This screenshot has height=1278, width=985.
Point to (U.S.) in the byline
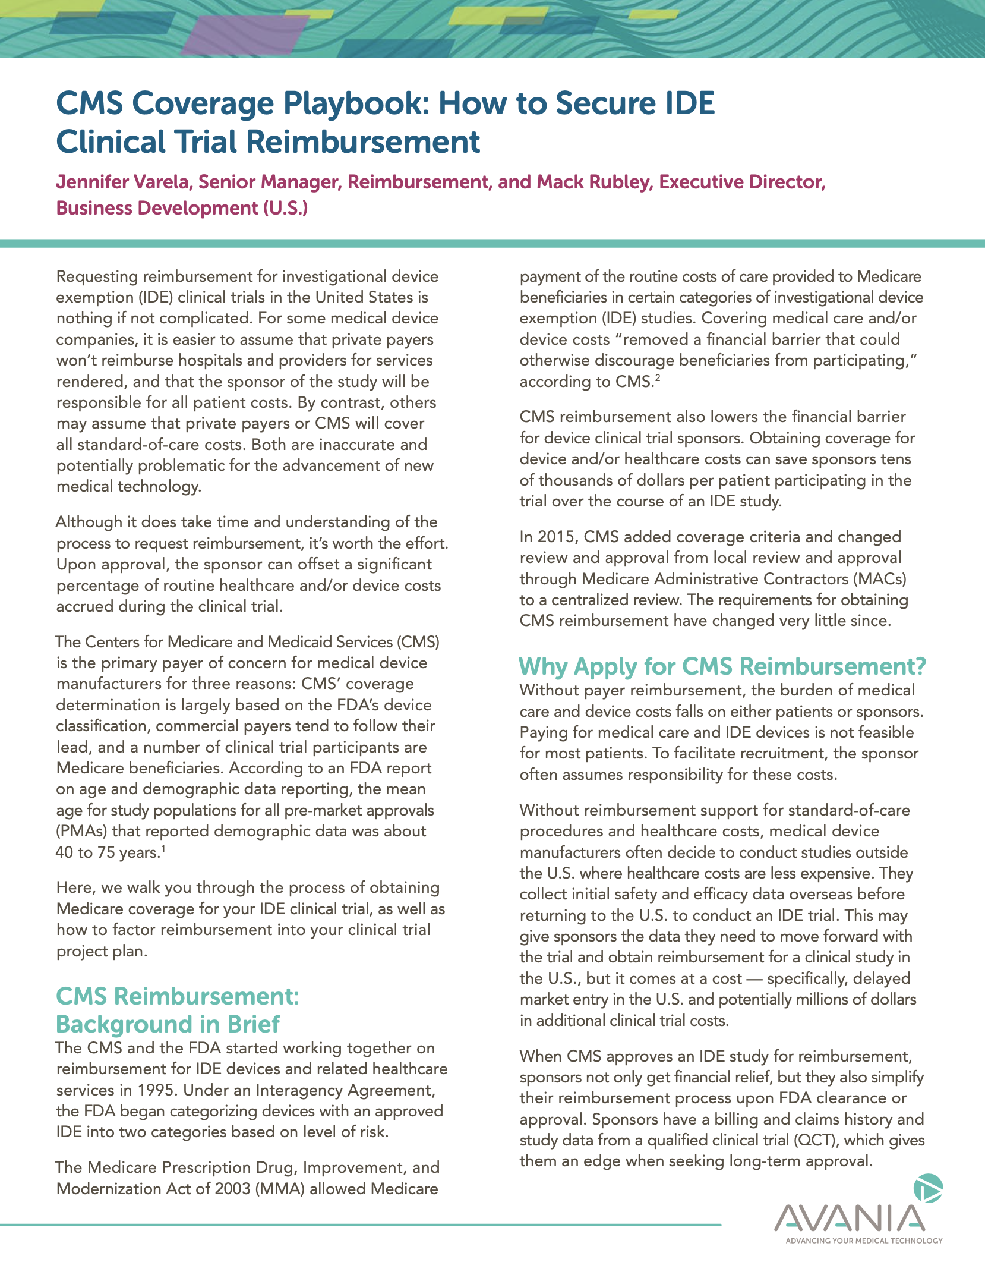click(285, 208)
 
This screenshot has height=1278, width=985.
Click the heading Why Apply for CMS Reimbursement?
click(722, 666)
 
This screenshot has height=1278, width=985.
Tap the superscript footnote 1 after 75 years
click(163, 848)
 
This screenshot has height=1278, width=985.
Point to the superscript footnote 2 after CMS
click(658, 377)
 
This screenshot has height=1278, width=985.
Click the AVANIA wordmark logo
click(850, 1218)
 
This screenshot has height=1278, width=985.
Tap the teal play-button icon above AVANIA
click(929, 1188)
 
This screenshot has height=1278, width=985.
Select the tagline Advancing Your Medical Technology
click(864, 1241)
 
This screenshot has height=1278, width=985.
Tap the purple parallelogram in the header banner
click(244, 33)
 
